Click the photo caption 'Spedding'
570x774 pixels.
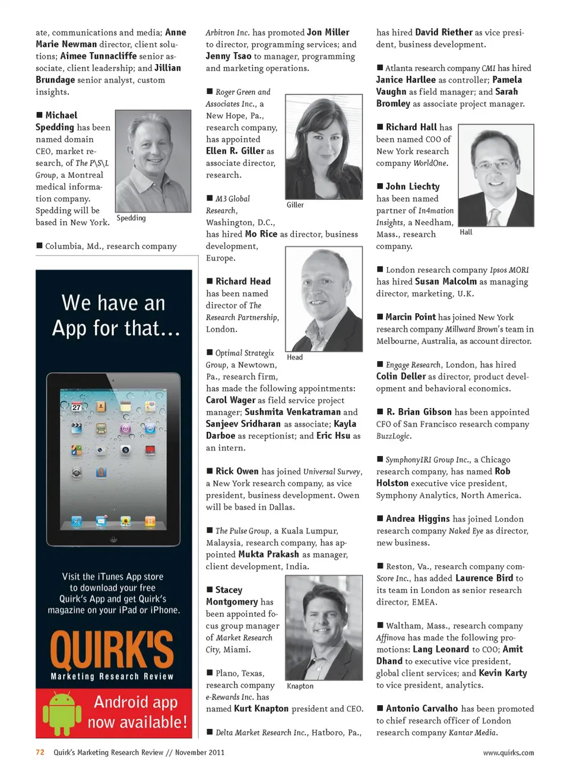click(x=131, y=218)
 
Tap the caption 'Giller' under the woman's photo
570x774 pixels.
click(x=295, y=205)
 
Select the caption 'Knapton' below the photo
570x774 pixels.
click(x=300, y=686)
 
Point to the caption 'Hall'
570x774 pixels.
click(x=466, y=232)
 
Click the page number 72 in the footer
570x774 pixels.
click(x=40, y=752)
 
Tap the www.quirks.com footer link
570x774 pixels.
click(x=508, y=753)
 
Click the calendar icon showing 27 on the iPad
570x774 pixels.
click(x=77, y=407)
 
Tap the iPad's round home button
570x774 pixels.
click(x=113, y=540)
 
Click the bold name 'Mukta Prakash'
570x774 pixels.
click(x=268, y=555)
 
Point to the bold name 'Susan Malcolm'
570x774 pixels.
click(x=446, y=282)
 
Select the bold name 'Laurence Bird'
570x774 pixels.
click(x=484, y=578)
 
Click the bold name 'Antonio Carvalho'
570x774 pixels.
click(x=422, y=709)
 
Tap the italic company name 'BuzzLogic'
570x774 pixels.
click(x=393, y=436)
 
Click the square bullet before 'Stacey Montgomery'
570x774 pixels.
click(x=210, y=590)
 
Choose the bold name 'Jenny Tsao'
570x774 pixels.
click(x=229, y=56)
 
